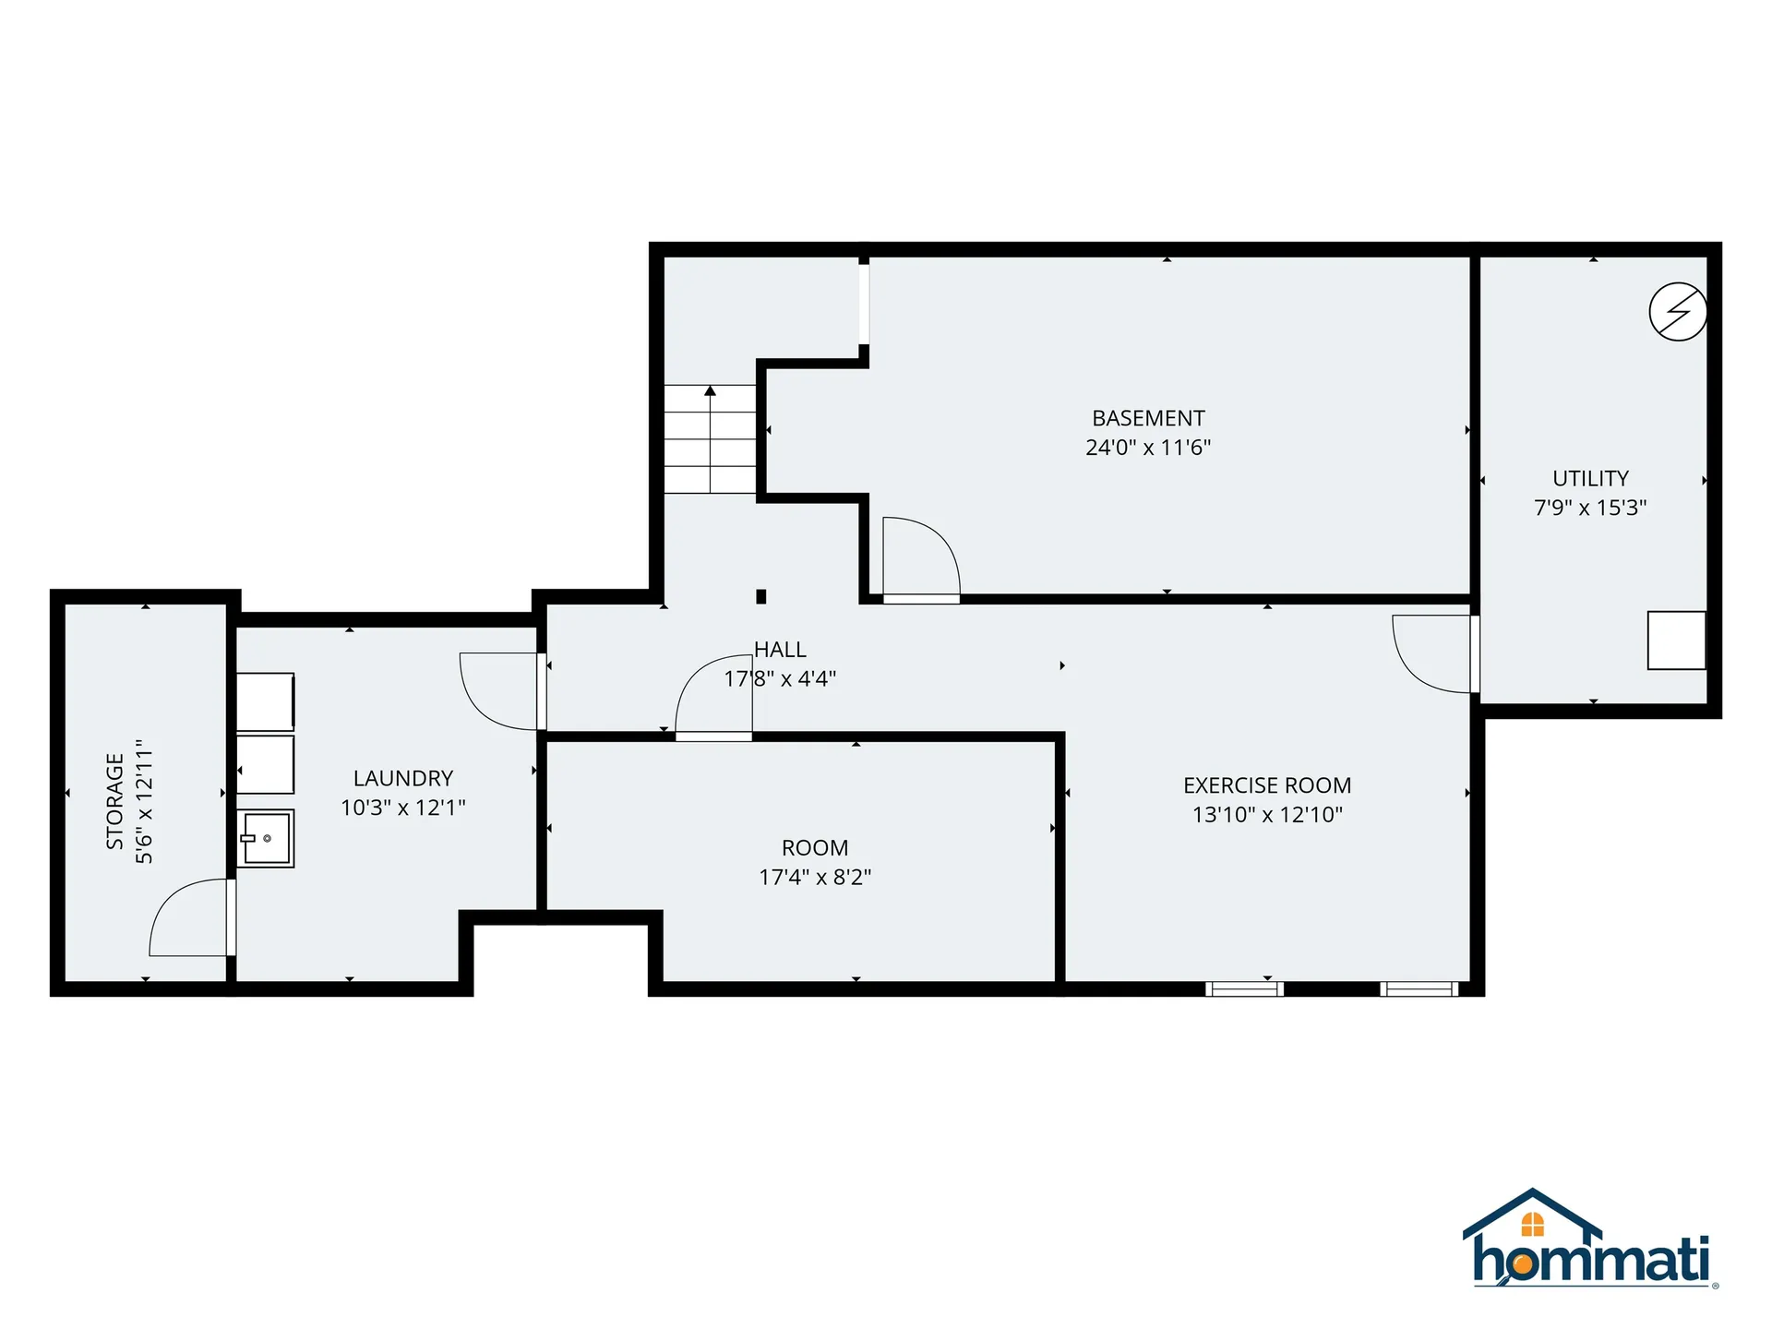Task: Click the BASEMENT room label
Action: point(1148,418)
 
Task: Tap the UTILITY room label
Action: point(1590,478)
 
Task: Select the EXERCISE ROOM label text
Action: point(1267,785)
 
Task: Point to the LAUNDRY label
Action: point(403,778)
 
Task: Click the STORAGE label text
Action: point(114,801)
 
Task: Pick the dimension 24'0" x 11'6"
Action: point(1148,448)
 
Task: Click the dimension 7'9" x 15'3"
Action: point(1590,508)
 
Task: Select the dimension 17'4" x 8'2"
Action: point(815,877)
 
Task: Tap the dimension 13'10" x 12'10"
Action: point(1267,814)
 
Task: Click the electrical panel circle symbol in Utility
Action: point(1678,312)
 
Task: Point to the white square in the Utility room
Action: point(1676,641)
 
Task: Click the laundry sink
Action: point(266,838)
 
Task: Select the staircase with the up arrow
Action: point(710,439)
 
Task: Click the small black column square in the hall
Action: point(761,596)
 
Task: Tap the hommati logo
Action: point(1590,1241)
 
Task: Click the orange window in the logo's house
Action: point(1532,1225)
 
